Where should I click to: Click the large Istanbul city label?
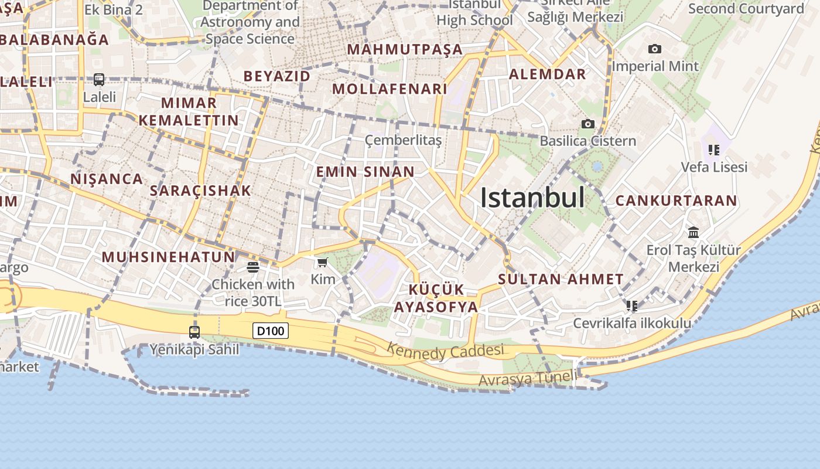pyautogui.click(x=532, y=198)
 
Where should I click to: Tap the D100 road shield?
pyautogui.click(x=271, y=331)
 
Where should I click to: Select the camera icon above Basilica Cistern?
pyautogui.click(x=587, y=124)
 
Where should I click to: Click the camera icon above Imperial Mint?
pyautogui.click(x=655, y=49)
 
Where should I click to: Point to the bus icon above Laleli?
pyautogui.click(x=99, y=79)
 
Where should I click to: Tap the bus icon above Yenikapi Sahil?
pyautogui.click(x=194, y=332)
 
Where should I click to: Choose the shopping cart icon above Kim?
pyautogui.click(x=322, y=262)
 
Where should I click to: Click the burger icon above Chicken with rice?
pyautogui.click(x=253, y=267)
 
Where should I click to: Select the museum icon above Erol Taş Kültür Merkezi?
pyautogui.click(x=694, y=233)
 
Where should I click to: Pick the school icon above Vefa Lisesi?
pyautogui.click(x=713, y=150)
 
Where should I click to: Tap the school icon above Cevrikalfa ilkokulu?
pyautogui.click(x=631, y=306)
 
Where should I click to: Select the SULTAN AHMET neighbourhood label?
pyautogui.click(x=561, y=279)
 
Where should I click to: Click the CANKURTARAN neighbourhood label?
pyautogui.click(x=676, y=200)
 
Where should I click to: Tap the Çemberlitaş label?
pyautogui.click(x=403, y=140)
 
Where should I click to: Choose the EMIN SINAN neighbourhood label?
pyautogui.click(x=365, y=172)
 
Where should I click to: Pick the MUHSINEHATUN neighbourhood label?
pyautogui.click(x=168, y=257)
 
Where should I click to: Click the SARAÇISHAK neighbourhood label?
pyautogui.click(x=200, y=191)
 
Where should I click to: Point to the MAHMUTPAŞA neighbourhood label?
pyautogui.click(x=405, y=49)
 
